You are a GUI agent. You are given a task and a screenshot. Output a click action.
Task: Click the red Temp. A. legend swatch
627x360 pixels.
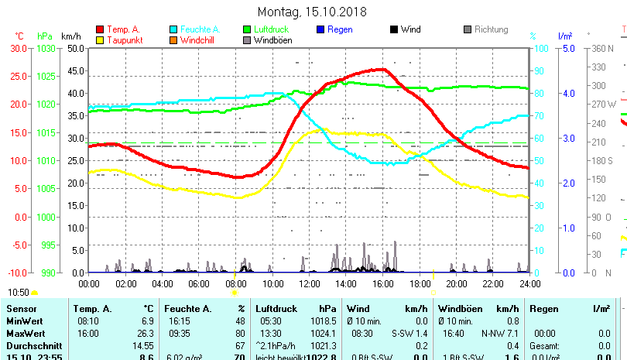click(x=101, y=29)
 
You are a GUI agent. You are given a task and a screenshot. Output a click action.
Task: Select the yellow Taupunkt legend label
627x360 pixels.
click(x=124, y=40)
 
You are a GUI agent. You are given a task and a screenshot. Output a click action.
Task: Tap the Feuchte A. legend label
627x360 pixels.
click(x=197, y=29)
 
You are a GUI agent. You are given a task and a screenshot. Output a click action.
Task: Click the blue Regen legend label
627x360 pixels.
click(x=341, y=29)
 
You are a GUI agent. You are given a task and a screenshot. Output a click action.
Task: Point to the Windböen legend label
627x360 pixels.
click(x=272, y=40)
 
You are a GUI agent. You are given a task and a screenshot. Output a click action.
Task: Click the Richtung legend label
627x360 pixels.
click(x=491, y=29)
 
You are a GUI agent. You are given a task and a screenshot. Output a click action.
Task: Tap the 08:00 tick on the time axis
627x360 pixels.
click(x=235, y=283)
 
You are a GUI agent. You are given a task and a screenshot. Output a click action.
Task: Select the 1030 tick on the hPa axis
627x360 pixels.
click(x=46, y=48)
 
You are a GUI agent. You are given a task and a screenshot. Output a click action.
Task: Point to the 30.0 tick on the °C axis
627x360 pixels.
click(x=18, y=48)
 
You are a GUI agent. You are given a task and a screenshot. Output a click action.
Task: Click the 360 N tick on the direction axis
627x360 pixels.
click(x=603, y=48)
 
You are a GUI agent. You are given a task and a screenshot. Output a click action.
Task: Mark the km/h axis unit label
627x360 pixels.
click(x=70, y=36)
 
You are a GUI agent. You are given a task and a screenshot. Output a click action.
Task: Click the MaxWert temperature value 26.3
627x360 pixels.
click(x=146, y=333)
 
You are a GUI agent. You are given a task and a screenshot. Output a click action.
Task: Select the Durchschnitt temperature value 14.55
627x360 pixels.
click(x=143, y=345)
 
